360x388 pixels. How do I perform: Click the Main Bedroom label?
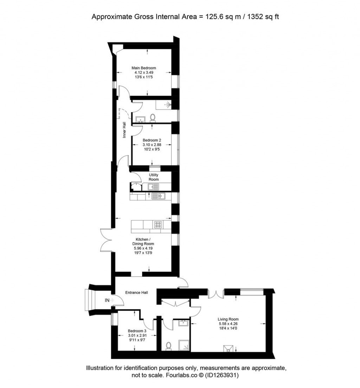(x=143, y=68)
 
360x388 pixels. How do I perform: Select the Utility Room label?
(x=154, y=177)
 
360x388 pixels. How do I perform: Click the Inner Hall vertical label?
(x=124, y=130)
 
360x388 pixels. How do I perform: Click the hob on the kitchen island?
(x=157, y=224)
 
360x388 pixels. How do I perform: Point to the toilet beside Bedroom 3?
(x=168, y=346)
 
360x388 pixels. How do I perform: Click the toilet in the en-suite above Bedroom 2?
(x=152, y=117)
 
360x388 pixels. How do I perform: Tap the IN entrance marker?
(x=107, y=300)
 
